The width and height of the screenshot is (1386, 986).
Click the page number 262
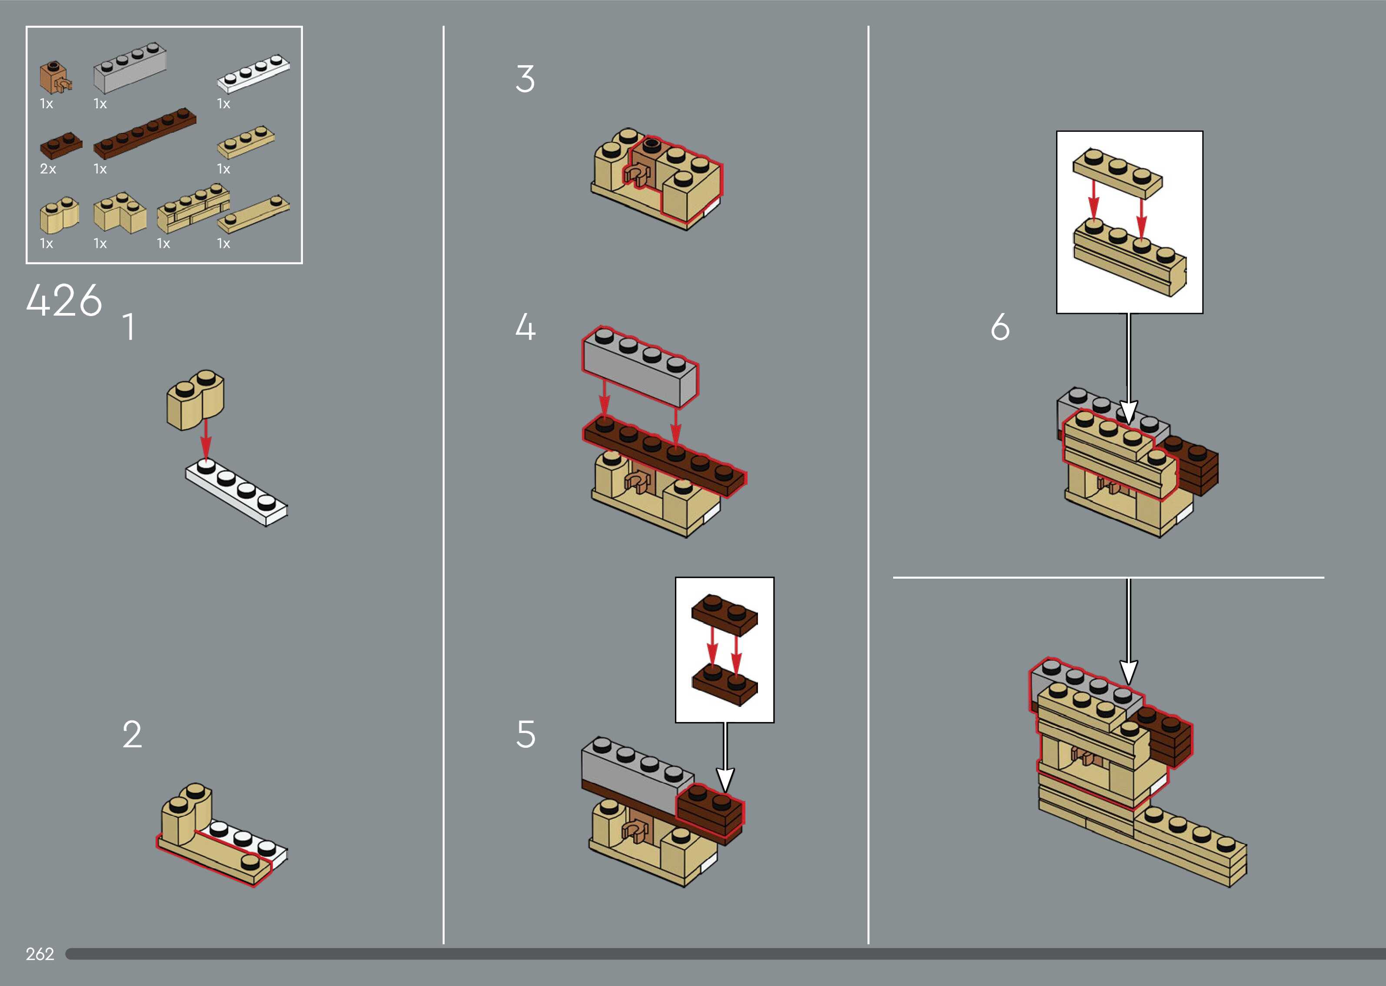pyautogui.click(x=40, y=954)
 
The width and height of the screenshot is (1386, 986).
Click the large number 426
pyautogui.click(x=64, y=300)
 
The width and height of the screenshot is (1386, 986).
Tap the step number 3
pyautogui.click(x=525, y=79)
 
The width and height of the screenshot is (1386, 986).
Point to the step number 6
pyautogui.click(x=1000, y=327)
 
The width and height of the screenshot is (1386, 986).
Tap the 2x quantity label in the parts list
pyautogui.click(x=48, y=169)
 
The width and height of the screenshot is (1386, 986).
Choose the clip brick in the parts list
pyautogui.click(x=55, y=77)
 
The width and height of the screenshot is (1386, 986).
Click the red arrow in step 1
pyautogui.click(x=206, y=438)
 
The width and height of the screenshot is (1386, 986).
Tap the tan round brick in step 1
pyautogui.click(x=196, y=399)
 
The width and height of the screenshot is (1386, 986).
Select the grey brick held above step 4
pyautogui.click(x=640, y=366)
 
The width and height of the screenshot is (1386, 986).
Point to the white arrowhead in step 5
pyautogui.click(x=725, y=780)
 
